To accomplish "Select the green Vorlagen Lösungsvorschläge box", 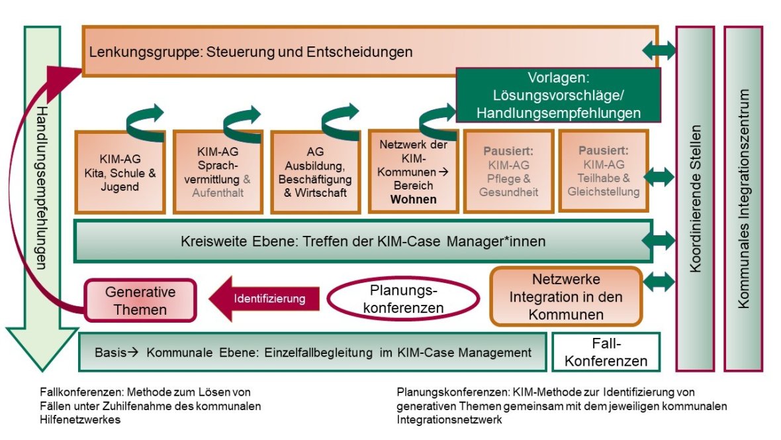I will point(558,95).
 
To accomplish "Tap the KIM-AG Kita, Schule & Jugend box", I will point(120,172).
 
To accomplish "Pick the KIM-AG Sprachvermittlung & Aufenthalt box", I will point(218,172).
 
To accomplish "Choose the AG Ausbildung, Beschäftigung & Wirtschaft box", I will point(315,172).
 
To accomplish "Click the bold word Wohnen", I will point(413,199).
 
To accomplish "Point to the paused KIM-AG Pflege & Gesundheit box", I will point(508,172).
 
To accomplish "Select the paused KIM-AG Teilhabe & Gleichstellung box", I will point(604,172).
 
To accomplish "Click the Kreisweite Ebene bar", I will point(363,241).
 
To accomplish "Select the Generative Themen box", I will point(140,300).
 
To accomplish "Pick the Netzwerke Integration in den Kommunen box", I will point(565,296).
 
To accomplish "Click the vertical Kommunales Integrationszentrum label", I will point(743,198).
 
